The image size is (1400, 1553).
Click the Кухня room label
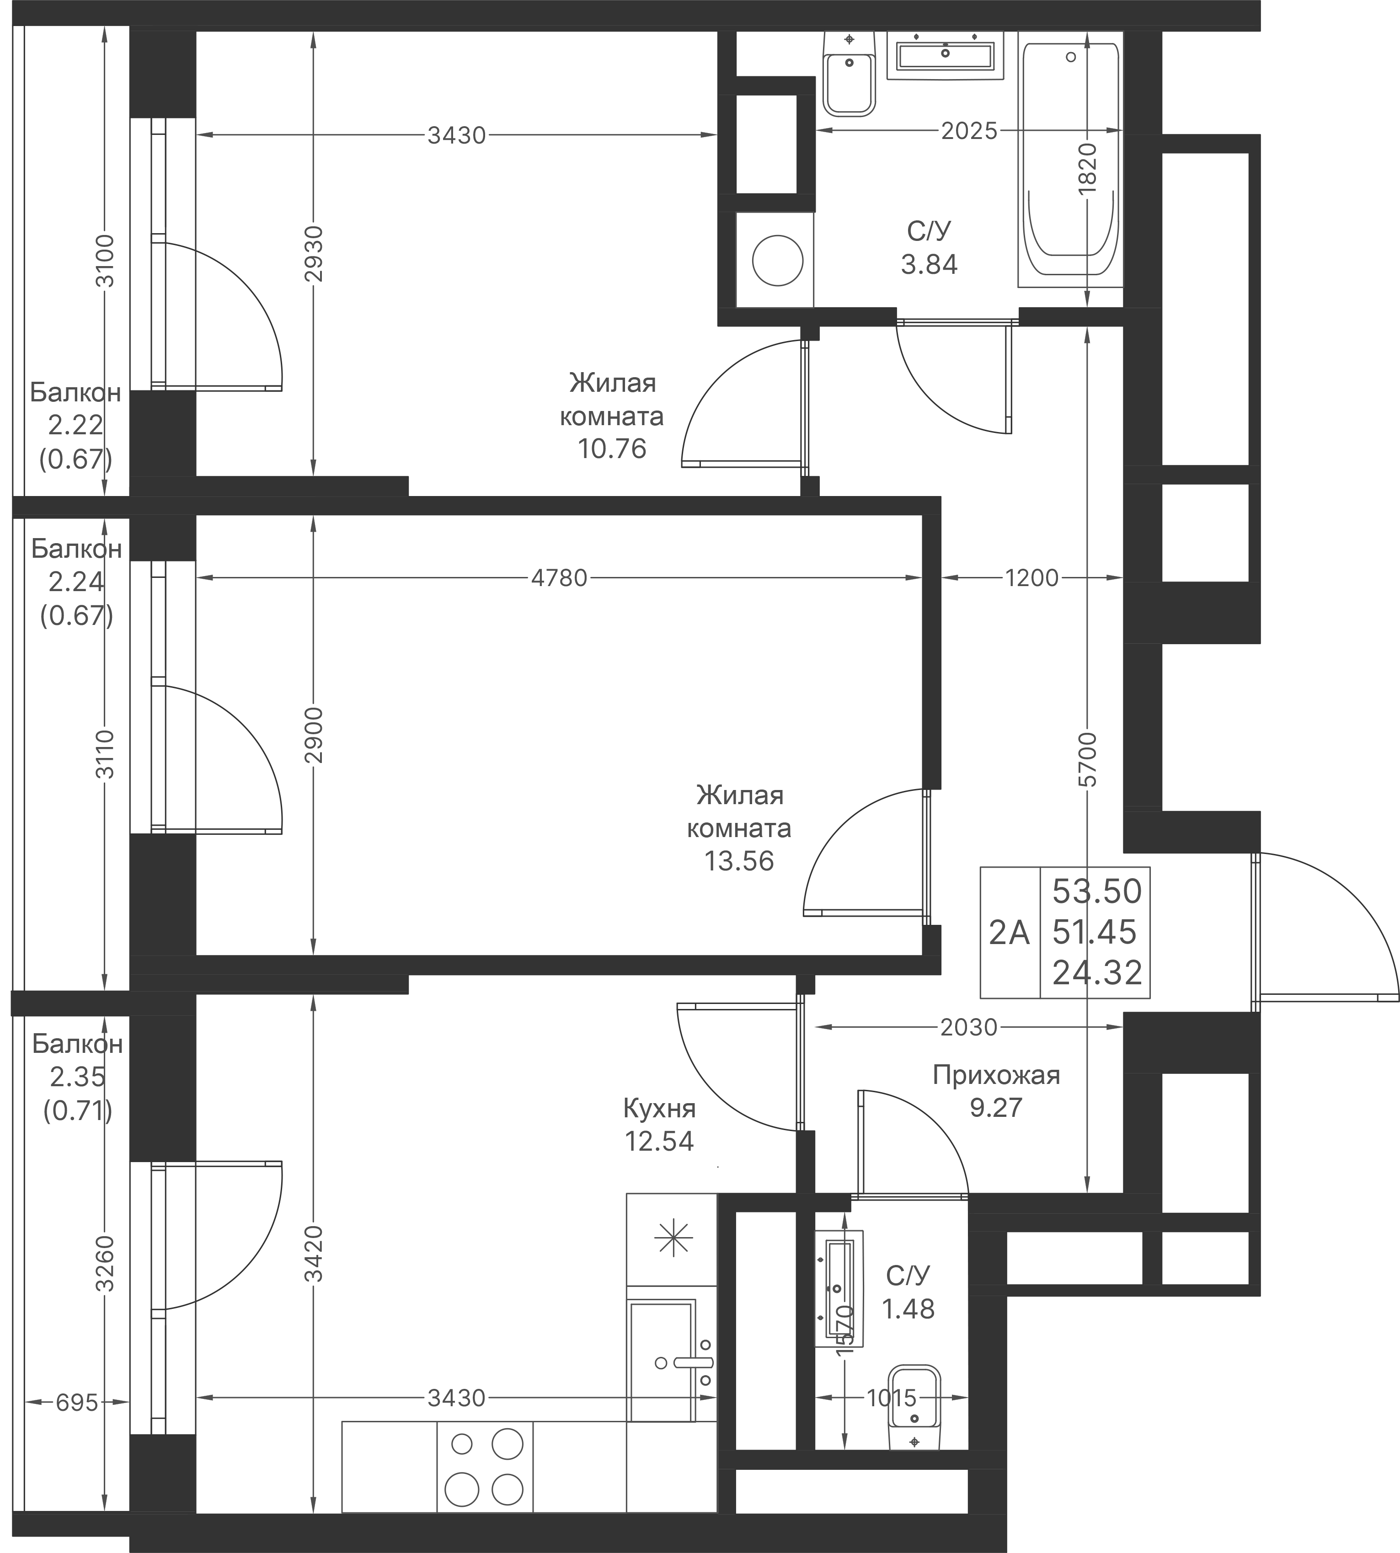[x=659, y=1109]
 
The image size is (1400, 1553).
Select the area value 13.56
[x=738, y=861]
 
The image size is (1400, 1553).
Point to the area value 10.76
[x=612, y=448]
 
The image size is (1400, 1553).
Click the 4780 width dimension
[x=559, y=578]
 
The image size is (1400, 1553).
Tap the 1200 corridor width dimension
[x=1031, y=578]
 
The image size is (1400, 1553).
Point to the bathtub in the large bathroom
[x=1070, y=164]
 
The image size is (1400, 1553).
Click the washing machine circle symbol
[x=778, y=261]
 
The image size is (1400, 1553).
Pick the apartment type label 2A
[x=1009, y=932]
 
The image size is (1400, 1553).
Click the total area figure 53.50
[x=1097, y=891]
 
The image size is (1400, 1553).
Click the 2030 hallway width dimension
[x=968, y=1027]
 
